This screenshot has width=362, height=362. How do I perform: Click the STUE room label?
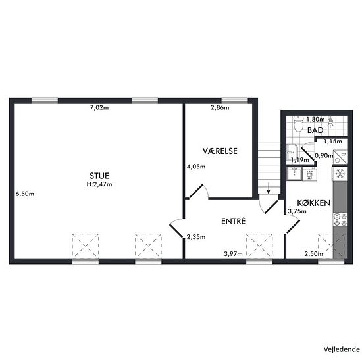pyautogui.click(x=99, y=176)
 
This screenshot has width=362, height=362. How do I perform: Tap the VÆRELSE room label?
pyautogui.click(x=220, y=151)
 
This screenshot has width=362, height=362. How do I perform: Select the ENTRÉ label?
pyautogui.click(x=233, y=221)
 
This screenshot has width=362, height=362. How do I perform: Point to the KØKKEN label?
pyautogui.click(x=313, y=203)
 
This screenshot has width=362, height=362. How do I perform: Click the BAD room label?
pyautogui.click(x=315, y=130)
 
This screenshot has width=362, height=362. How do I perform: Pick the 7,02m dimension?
pyautogui.click(x=99, y=107)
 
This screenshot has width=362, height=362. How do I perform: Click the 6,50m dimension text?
pyautogui.click(x=25, y=194)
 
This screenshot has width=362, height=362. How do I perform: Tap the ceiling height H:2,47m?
pyautogui.click(x=99, y=184)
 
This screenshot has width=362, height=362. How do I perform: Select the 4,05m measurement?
pyautogui.click(x=196, y=167)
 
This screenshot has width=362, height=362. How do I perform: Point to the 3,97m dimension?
pyautogui.click(x=233, y=254)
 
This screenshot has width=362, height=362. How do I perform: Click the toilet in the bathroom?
pyautogui.click(x=298, y=124)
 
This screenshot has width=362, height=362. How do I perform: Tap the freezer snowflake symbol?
pyautogui.click(x=340, y=174)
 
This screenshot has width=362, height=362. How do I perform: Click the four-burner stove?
pyautogui.click(x=340, y=220)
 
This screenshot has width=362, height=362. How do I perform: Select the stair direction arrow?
pyautogui.click(x=269, y=188)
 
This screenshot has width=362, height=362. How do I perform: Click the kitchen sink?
pyautogui.click(x=294, y=174)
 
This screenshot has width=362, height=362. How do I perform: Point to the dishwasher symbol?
pyautogui.click(x=309, y=174)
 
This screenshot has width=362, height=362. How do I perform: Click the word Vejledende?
pyautogui.click(x=342, y=349)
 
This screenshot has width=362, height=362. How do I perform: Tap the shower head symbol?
pyautogui.click(x=331, y=122)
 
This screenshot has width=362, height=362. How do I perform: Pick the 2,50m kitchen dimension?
pyautogui.click(x=313, y=254)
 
